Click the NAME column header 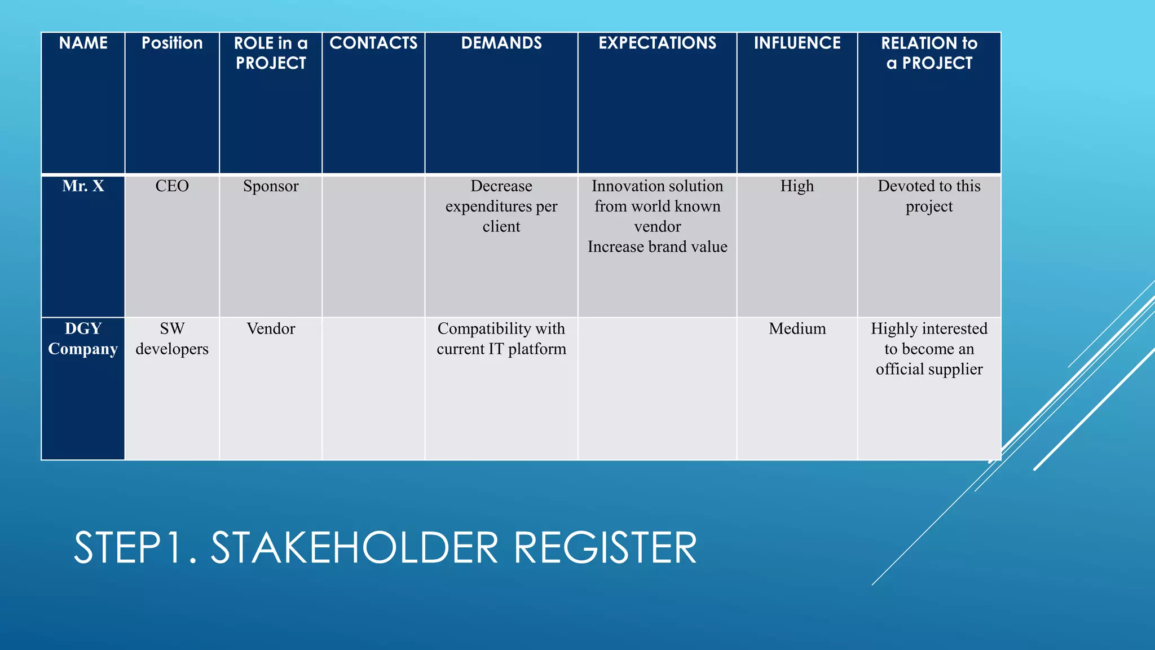click(83, 43)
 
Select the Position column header click(172, 43)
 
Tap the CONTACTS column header click(373, 43)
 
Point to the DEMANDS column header click(501, 43)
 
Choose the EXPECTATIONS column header click(657, 43)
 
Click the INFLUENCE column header click(797, 43)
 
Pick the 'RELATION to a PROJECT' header click(929, 53)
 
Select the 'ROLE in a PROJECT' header click(271, 53)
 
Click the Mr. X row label click(83, 186)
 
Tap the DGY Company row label click(83, 339)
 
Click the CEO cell click(172, 186)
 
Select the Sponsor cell click(271, 186)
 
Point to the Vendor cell click(271, 329)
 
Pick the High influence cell click(797, 186)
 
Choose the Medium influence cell click(797, 329)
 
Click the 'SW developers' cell click(172, 339)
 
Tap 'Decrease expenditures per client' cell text click(501, 207)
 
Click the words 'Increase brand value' click(657, 247)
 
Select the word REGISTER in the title click(605, 547)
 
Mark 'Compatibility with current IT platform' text click(501, 339)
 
